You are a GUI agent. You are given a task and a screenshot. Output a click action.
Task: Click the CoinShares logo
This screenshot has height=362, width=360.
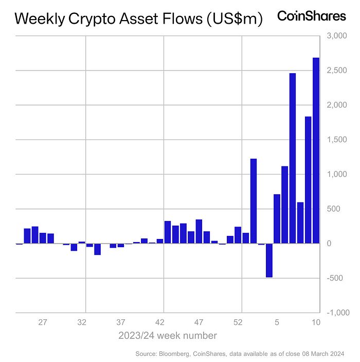(x=312, y=16)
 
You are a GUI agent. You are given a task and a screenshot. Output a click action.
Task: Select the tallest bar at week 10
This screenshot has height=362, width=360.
(x=316, y=150)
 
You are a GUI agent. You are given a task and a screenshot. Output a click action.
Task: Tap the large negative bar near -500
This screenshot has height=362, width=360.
(x=269, y=260)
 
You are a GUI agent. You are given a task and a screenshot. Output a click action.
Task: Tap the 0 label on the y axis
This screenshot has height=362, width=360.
(x=330, y=244)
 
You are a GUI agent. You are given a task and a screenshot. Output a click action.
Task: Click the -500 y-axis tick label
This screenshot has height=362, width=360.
(x=335, y=278)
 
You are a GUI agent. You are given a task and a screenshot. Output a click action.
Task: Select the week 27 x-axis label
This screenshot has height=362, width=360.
(x=43, y=323)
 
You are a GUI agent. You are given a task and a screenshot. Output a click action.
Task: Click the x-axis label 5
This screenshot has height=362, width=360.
(x=277, y=323)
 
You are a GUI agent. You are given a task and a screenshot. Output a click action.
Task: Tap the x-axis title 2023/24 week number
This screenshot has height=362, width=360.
(x=167, y=336)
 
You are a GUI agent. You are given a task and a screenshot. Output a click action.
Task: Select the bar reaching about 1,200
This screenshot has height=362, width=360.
(x=254, y=201)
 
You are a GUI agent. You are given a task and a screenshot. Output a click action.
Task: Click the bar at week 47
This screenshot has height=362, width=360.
(x=199, y=231)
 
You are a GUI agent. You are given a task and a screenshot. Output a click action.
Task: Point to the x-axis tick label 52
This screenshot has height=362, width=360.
(x=238, y=323)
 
